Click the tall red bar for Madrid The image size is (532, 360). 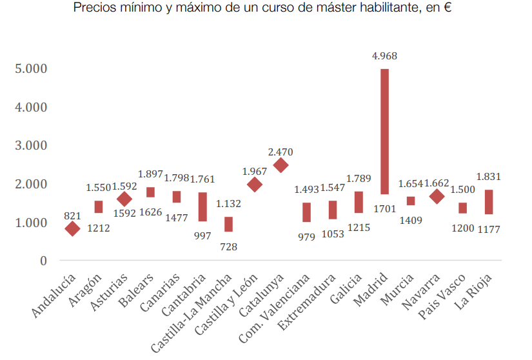pos(384,131)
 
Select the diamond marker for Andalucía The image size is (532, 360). pos(72,228)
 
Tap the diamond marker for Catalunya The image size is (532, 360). pos(281,165)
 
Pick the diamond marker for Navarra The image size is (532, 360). pos(437,197)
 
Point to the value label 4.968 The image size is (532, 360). pos(384,56)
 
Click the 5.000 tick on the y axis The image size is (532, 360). pos(30,68)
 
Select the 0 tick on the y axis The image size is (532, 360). pos(43,261)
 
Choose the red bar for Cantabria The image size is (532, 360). pos(202,206)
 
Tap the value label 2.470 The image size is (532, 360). pos(281,152)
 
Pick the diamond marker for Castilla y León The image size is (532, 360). pos(255,185)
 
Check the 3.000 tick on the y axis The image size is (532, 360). pos(30,146)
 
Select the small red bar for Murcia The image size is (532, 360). pos(411,201)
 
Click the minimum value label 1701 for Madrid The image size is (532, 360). pos(384,208)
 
